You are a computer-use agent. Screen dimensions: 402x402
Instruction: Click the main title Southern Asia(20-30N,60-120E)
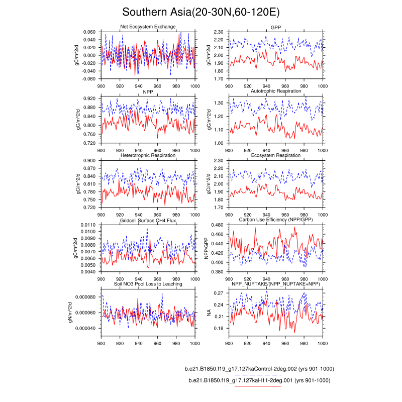[x=201, y=12]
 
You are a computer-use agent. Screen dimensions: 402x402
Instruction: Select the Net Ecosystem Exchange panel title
[x=148, y=26]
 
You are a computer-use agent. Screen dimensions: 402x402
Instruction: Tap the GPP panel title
[x=275, y=26]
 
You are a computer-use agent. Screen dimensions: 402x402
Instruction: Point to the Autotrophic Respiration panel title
[x=275, y=91]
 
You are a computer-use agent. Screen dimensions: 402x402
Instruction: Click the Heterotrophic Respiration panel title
[x=148, y=155]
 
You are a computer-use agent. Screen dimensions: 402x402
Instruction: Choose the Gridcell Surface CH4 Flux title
[x=148, y=220]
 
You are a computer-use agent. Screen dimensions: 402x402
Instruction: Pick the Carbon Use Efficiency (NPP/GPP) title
[x=275, y=220]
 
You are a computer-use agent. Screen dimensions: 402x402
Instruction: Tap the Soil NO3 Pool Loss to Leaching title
[x=148, y=284]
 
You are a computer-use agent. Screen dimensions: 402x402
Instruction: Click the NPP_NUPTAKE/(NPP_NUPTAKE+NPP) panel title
[x=275, y=284]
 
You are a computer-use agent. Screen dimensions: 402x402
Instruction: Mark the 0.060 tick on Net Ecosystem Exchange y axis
[x=89, y=32]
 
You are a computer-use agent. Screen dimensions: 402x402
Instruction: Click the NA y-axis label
[x=209, y=313]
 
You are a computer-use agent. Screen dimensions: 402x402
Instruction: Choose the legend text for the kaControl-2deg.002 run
[x=260, y=369]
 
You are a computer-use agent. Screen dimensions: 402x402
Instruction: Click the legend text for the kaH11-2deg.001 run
[x=259, y=381]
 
